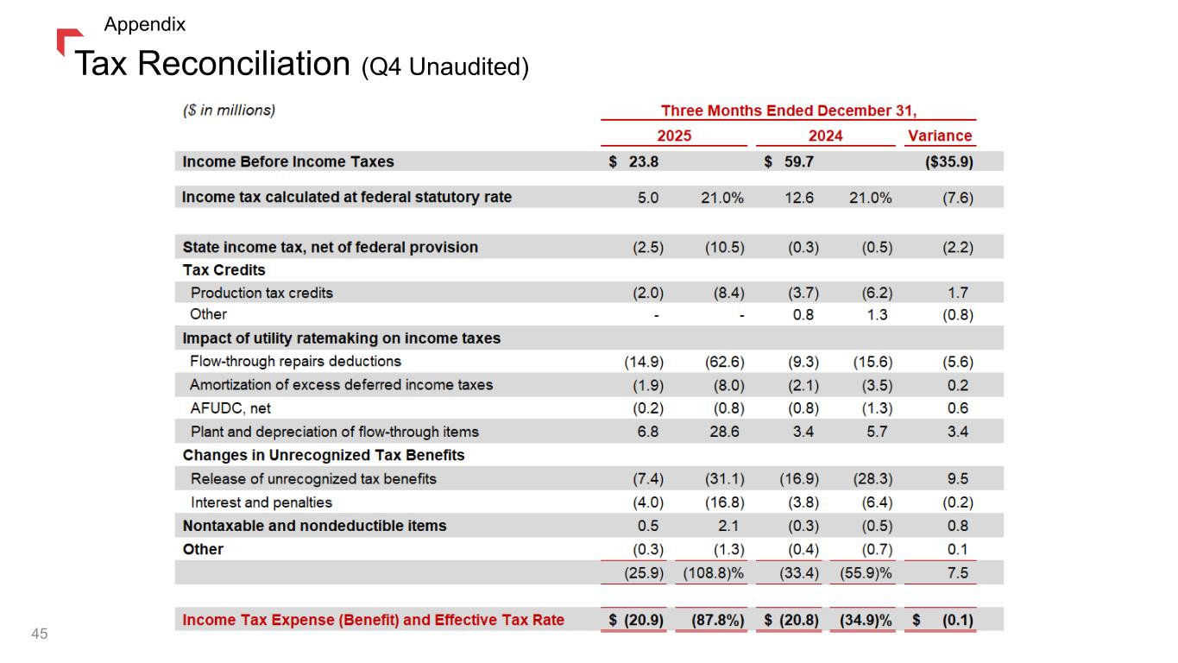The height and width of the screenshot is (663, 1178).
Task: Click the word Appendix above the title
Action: tap(144, 24)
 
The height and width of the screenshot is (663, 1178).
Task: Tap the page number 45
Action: tap(39, 635)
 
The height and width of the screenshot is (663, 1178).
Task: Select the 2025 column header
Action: tap(674, 136)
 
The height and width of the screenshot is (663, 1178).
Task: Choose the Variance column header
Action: tap(940, 136)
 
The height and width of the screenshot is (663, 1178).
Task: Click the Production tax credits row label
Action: tap(261, 293)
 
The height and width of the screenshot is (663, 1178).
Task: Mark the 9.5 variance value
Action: tap(957, 479)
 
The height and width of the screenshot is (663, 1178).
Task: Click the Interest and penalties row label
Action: tap(261, 502)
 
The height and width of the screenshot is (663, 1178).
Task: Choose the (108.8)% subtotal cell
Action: tap(713, 572)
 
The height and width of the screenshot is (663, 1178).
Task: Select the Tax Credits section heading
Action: tap(224, 270)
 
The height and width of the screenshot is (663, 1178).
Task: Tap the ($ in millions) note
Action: tap(229, 110)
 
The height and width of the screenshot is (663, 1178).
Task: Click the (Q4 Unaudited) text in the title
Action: tap(444, 66)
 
